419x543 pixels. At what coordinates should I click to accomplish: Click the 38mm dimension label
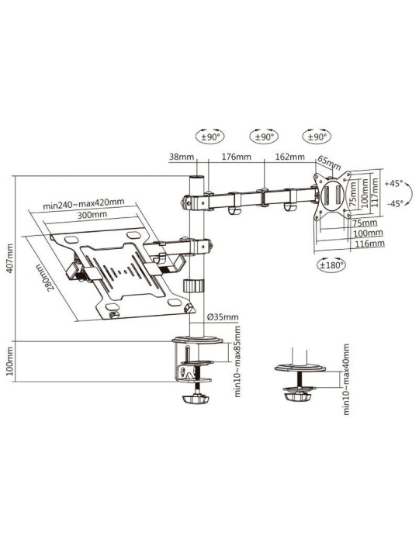181,157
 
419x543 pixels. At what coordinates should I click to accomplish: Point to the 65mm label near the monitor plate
330,165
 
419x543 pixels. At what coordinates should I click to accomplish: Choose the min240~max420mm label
83,205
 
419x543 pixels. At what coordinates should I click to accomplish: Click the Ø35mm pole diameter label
223,316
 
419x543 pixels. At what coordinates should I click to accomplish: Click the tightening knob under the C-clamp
196,399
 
